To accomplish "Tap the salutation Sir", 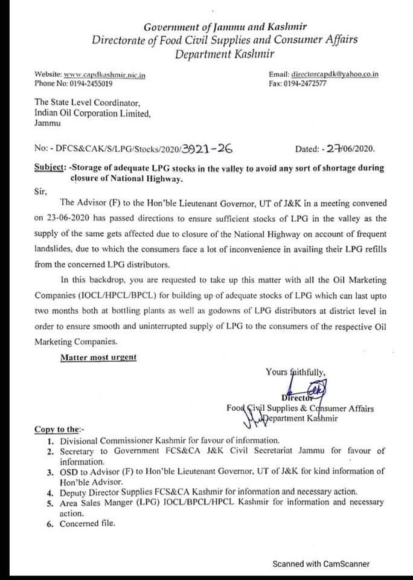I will tap(40, 190).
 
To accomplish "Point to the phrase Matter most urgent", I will tap(98, 357).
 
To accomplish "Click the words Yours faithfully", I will tap(295, 372).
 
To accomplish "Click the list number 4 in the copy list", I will tap(51, 491).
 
